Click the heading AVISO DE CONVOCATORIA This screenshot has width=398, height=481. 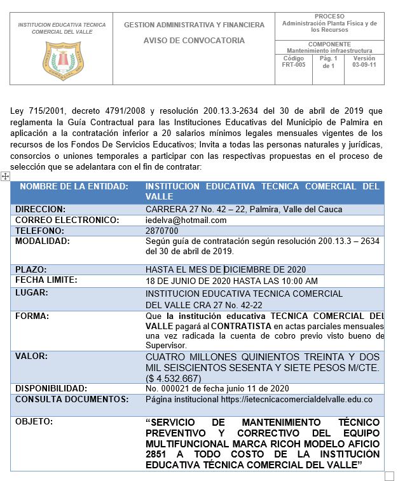[x=194, y=40]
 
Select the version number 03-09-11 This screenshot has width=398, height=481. [x=364, y=65]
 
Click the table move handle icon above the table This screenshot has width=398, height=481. [x=6, y=176]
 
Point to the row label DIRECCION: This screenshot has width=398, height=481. [x=41, y=209]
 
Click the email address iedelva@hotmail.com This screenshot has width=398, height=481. [x=186, y=220]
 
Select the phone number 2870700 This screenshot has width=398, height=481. [x=161, y=231]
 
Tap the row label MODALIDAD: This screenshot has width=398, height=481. [x=43, y=241]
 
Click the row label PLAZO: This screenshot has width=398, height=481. [x=31, y=269]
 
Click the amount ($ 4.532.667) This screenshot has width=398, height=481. [x=174, y=378]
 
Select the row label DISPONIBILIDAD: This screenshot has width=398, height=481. [x=51, y=388]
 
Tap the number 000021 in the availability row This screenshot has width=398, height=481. [x=172, y=388]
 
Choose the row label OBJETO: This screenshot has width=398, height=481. [x=34, y=421]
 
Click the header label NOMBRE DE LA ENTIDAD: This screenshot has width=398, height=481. [x=74, y=186]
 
